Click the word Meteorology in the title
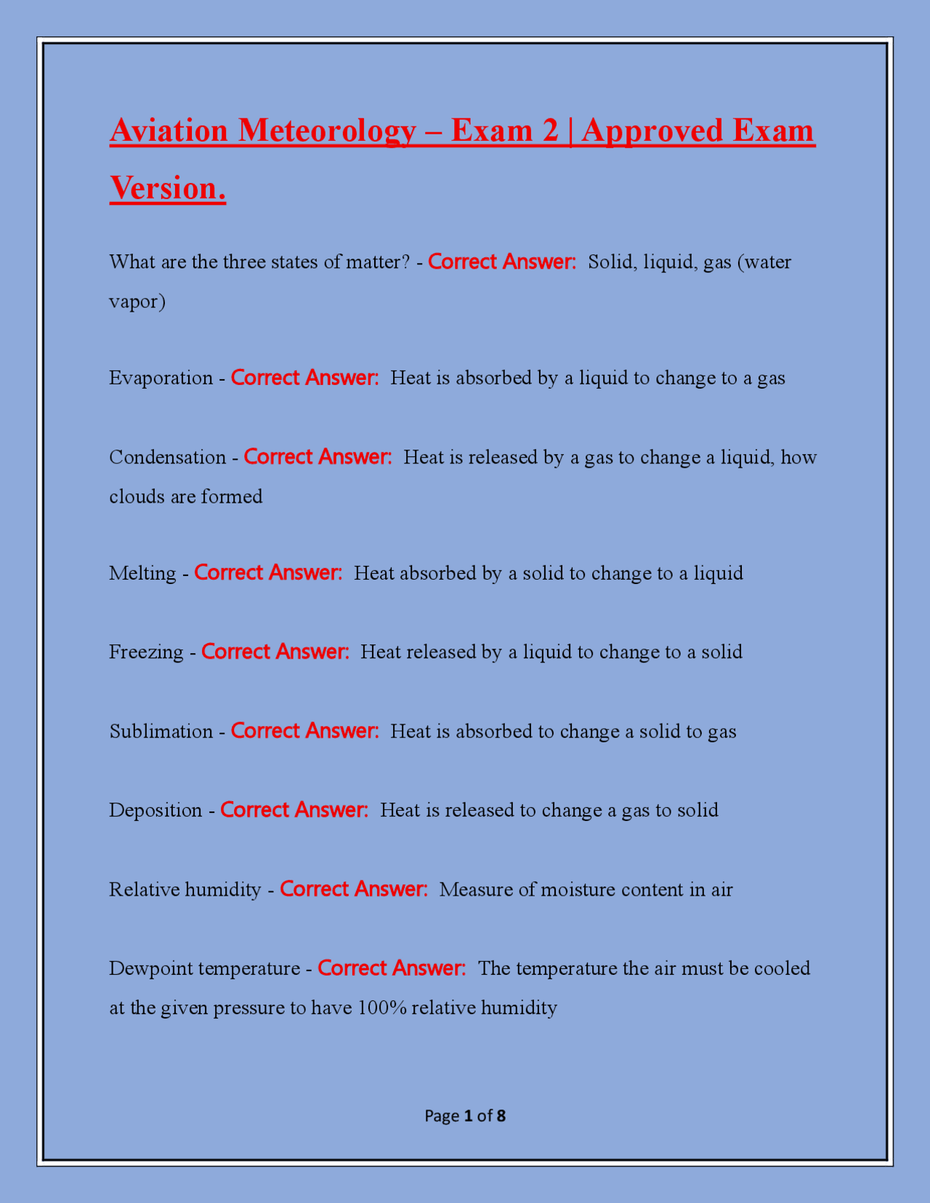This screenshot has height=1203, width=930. point(326,131)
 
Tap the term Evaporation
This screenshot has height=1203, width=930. point(161,378)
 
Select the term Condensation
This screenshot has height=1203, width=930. point(167,457)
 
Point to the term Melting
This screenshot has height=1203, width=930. point(142,573)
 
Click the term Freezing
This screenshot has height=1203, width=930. point(146,652)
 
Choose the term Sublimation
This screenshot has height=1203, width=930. point(161,731)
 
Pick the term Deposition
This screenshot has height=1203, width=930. point(155,810)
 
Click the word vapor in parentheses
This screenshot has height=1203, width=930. point(134,301)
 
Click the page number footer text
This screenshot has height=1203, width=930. point(465,1116)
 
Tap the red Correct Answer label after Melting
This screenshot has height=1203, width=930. point(268,573)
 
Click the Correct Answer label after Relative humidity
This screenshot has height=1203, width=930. point(354,889)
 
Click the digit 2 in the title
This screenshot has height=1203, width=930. point(550,131)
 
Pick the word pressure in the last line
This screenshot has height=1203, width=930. point(248,1008)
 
